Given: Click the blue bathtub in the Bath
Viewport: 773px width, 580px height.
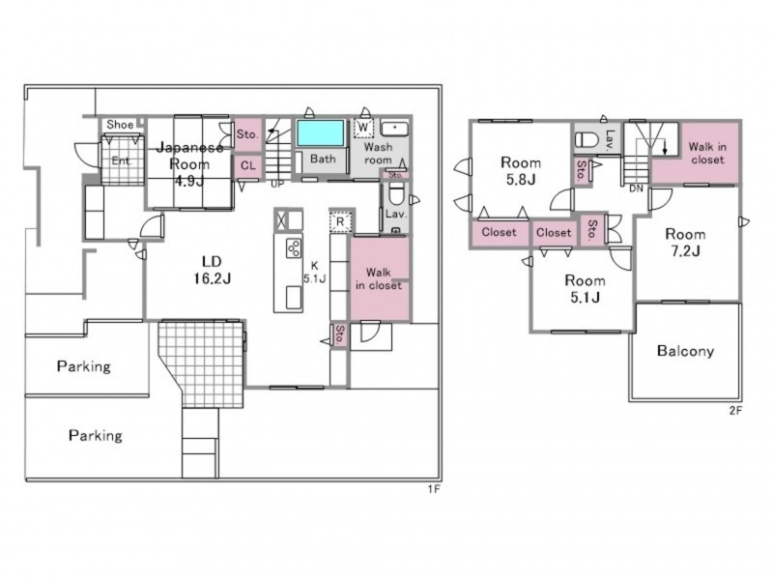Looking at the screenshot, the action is pyautogui.click(x=321, y=132).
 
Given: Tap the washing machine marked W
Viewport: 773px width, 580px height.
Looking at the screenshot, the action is pyautogui.click(x=363, y=128).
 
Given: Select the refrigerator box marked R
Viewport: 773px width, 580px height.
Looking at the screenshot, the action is pyautogui.click(x=340, y=222).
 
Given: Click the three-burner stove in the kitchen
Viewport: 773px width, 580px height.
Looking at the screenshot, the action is pyautogui.click(x=294, y=248).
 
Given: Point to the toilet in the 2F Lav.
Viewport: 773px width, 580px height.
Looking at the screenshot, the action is pyautogui.click(x=587, y=139).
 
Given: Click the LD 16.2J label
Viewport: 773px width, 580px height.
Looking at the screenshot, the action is pyautogui.click(x=212, y=271).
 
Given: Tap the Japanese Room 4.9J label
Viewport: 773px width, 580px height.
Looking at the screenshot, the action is pyautogui.click(x=189, y=163).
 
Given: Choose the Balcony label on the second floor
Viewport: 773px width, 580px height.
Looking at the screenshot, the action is pyautogui.click(x=685, y=351).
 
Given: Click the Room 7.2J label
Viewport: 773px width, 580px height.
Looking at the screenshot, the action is pyautogui.click(x=685, y=243).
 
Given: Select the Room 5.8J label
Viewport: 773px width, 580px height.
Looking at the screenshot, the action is pyautogui.click(x=521, y=171).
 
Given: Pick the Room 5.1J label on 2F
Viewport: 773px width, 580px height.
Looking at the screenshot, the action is pyautogui.click(x=585, y=288).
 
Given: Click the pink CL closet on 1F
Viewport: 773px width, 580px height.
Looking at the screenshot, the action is pyautogui.click(x=248, y=166).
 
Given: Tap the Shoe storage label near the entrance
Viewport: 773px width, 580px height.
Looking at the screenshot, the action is pyautogui.click(x=120, y=125).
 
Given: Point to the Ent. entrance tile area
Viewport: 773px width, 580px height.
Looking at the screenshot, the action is pyautogui.click(x=123, y=160).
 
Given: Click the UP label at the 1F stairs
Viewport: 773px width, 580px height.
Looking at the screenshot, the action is pyautogui.click(x=277, y=185).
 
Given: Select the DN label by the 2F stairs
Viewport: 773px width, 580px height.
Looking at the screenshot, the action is pyautogui.click(x=636, y=188).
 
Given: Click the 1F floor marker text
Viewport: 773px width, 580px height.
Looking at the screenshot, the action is pyautogui.click(x=433, y=489).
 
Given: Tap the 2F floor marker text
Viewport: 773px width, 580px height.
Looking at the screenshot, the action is pyautogui.click(x=735, y=410).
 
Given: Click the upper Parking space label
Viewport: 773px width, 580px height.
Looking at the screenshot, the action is pyautogui.click(x=84, y=366).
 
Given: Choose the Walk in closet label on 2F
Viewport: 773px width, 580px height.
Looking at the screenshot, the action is pyautogui.click(x=707, y=153).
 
